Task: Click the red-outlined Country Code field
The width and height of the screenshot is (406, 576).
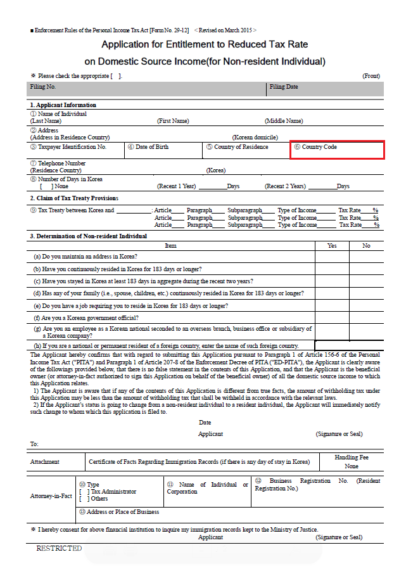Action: [x=337, y=150]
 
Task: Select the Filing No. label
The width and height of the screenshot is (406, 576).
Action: [x=43, y=87]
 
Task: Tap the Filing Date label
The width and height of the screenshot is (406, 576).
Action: [x=284, y=87]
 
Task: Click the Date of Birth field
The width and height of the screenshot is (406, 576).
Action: [x=163, y=150]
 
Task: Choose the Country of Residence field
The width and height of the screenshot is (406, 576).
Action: [x=246, y=150]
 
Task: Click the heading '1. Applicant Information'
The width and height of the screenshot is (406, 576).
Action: [x=63, y=105]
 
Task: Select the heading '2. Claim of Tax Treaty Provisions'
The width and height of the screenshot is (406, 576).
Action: [x=74, y=198]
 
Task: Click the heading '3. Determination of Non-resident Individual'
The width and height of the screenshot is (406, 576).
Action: [x=89, y=236]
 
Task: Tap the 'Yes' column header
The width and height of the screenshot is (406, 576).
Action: [x=332, y=246]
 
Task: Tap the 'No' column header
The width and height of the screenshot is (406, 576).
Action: [x=366, y=246]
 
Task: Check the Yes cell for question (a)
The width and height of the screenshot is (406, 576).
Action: [x=332, y=257]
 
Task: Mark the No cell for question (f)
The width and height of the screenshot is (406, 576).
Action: [x=366, y=317]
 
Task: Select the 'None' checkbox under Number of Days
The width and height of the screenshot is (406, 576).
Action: [x=42, y=186]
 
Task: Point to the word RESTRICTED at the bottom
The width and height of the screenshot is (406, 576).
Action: [x=59, y=548]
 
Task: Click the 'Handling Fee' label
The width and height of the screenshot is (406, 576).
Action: [x=352, y=458]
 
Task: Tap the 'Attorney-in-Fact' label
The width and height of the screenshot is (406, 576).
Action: [x=51, y=496]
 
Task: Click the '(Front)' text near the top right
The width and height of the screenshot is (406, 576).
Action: [x=371, y=76]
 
